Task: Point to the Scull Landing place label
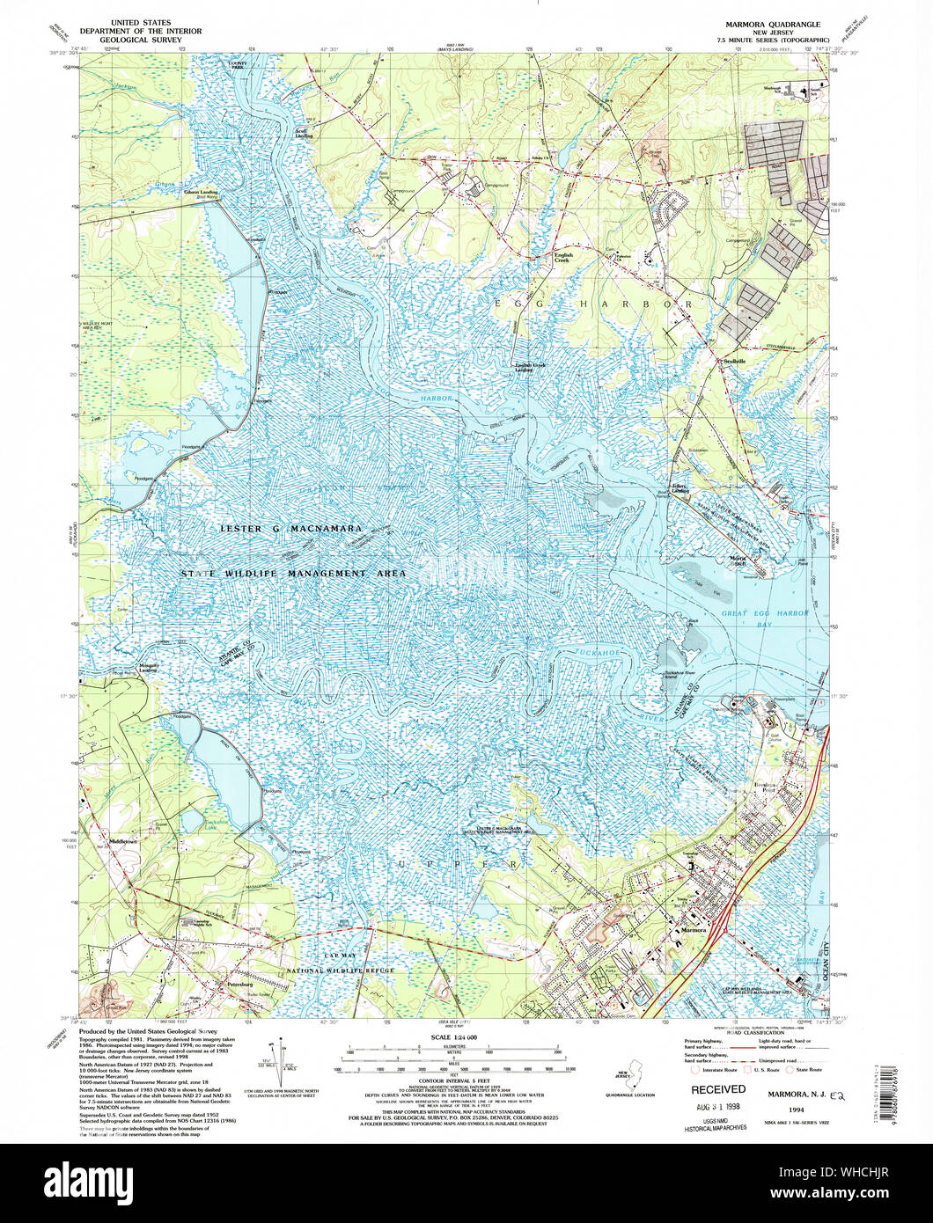pyautogui.click(x=302, y=135)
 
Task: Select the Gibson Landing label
pyautogui.click(x=200, y=192)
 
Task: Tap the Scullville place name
pyautogui.click(x=734, y=361)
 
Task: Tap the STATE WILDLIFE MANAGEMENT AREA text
pyautogui.click(x=293, y=573)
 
